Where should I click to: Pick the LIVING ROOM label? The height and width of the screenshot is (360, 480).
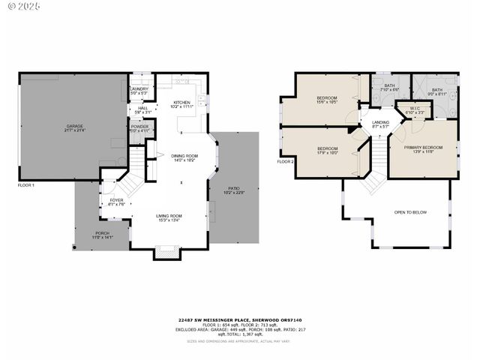(x=169, y=218)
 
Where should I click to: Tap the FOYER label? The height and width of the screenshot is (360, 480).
(x=116, y=202)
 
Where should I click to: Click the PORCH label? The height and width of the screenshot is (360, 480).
(x=101, y=235)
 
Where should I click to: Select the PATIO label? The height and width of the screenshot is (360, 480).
(x=234, y=191)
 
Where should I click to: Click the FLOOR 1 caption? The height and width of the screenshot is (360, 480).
(x=26, y=184)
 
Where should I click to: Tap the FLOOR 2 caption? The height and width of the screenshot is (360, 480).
(x=286, y=161)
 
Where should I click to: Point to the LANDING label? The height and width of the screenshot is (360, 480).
(x=381, y=125)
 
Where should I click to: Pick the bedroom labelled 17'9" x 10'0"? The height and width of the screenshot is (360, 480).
(x=326, y=150)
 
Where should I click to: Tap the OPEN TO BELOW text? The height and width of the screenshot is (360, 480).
(x=410, y=212)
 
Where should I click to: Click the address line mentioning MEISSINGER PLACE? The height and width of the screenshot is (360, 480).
(x=240, y=319)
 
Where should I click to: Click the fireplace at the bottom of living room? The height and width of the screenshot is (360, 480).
(x=167, y=253)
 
